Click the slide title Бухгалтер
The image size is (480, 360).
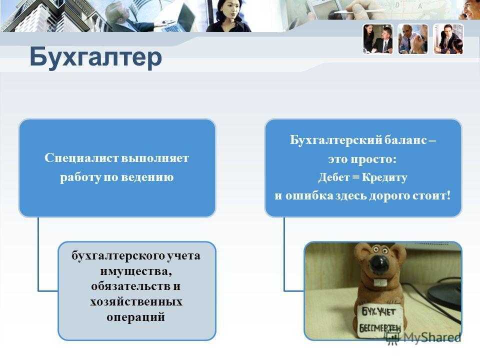95,57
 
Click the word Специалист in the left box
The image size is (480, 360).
81,158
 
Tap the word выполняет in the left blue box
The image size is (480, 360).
155,158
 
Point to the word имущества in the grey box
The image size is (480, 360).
135,271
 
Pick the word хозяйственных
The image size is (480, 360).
136,302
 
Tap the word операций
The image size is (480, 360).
136,317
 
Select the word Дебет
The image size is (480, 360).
334,177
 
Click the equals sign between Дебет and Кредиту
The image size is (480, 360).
356,177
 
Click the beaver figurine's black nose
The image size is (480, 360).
380,264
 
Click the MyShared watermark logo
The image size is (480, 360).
423,338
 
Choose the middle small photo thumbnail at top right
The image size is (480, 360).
413,39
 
